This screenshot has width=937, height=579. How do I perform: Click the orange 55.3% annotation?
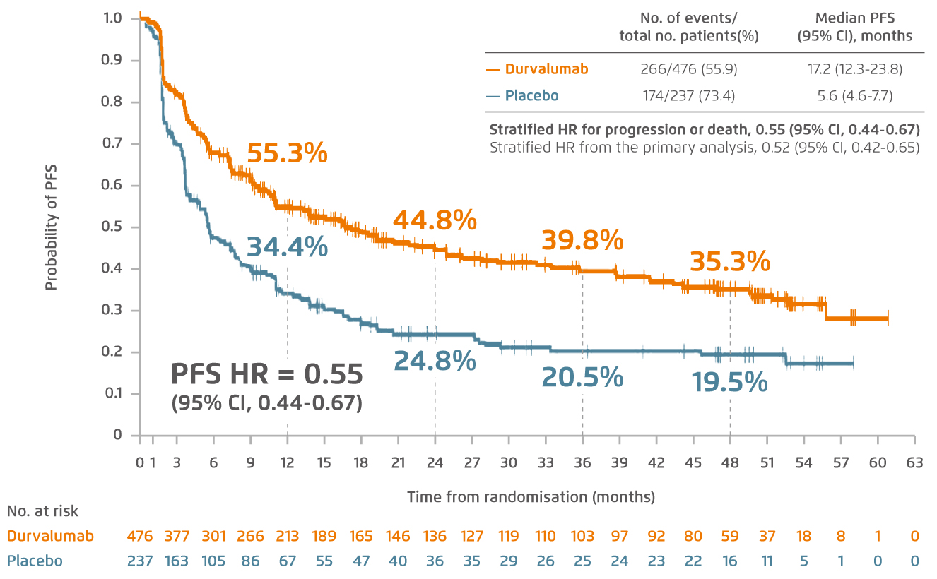pyautogui.click(x=287, y=153)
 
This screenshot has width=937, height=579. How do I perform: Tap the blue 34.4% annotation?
pyautogui.click(x=287, y=247)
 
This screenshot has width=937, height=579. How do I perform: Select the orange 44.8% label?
pyautogui.click(x=435, y=221)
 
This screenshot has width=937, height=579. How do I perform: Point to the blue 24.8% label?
pyautogui.click(x=435, y=361)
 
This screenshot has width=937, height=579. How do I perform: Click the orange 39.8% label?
pyautogui.click(x=582, y=241)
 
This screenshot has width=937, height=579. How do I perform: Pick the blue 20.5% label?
pyautogui.click(x=582, y=378)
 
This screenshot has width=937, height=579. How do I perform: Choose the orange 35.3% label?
pyautogui.click(x=729, y=262)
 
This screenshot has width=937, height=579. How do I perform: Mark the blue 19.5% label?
pyautogui.click(x=729, y=383)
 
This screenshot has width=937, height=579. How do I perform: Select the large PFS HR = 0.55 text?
pyautogui.click(x=267, y=374)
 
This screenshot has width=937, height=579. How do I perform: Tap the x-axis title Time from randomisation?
pyautogui.click(x=530, y=497)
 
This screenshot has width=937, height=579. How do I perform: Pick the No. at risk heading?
pyautogui.click(x=42, y=511)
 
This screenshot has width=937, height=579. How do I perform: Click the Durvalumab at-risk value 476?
pyautogui.click(x=140, y=536)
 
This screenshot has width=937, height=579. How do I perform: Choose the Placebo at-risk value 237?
pyautogui.click(x=140, y=561)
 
